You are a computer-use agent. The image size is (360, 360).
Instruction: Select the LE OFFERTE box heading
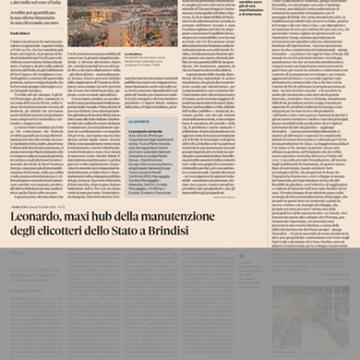(x=114, y=120)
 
